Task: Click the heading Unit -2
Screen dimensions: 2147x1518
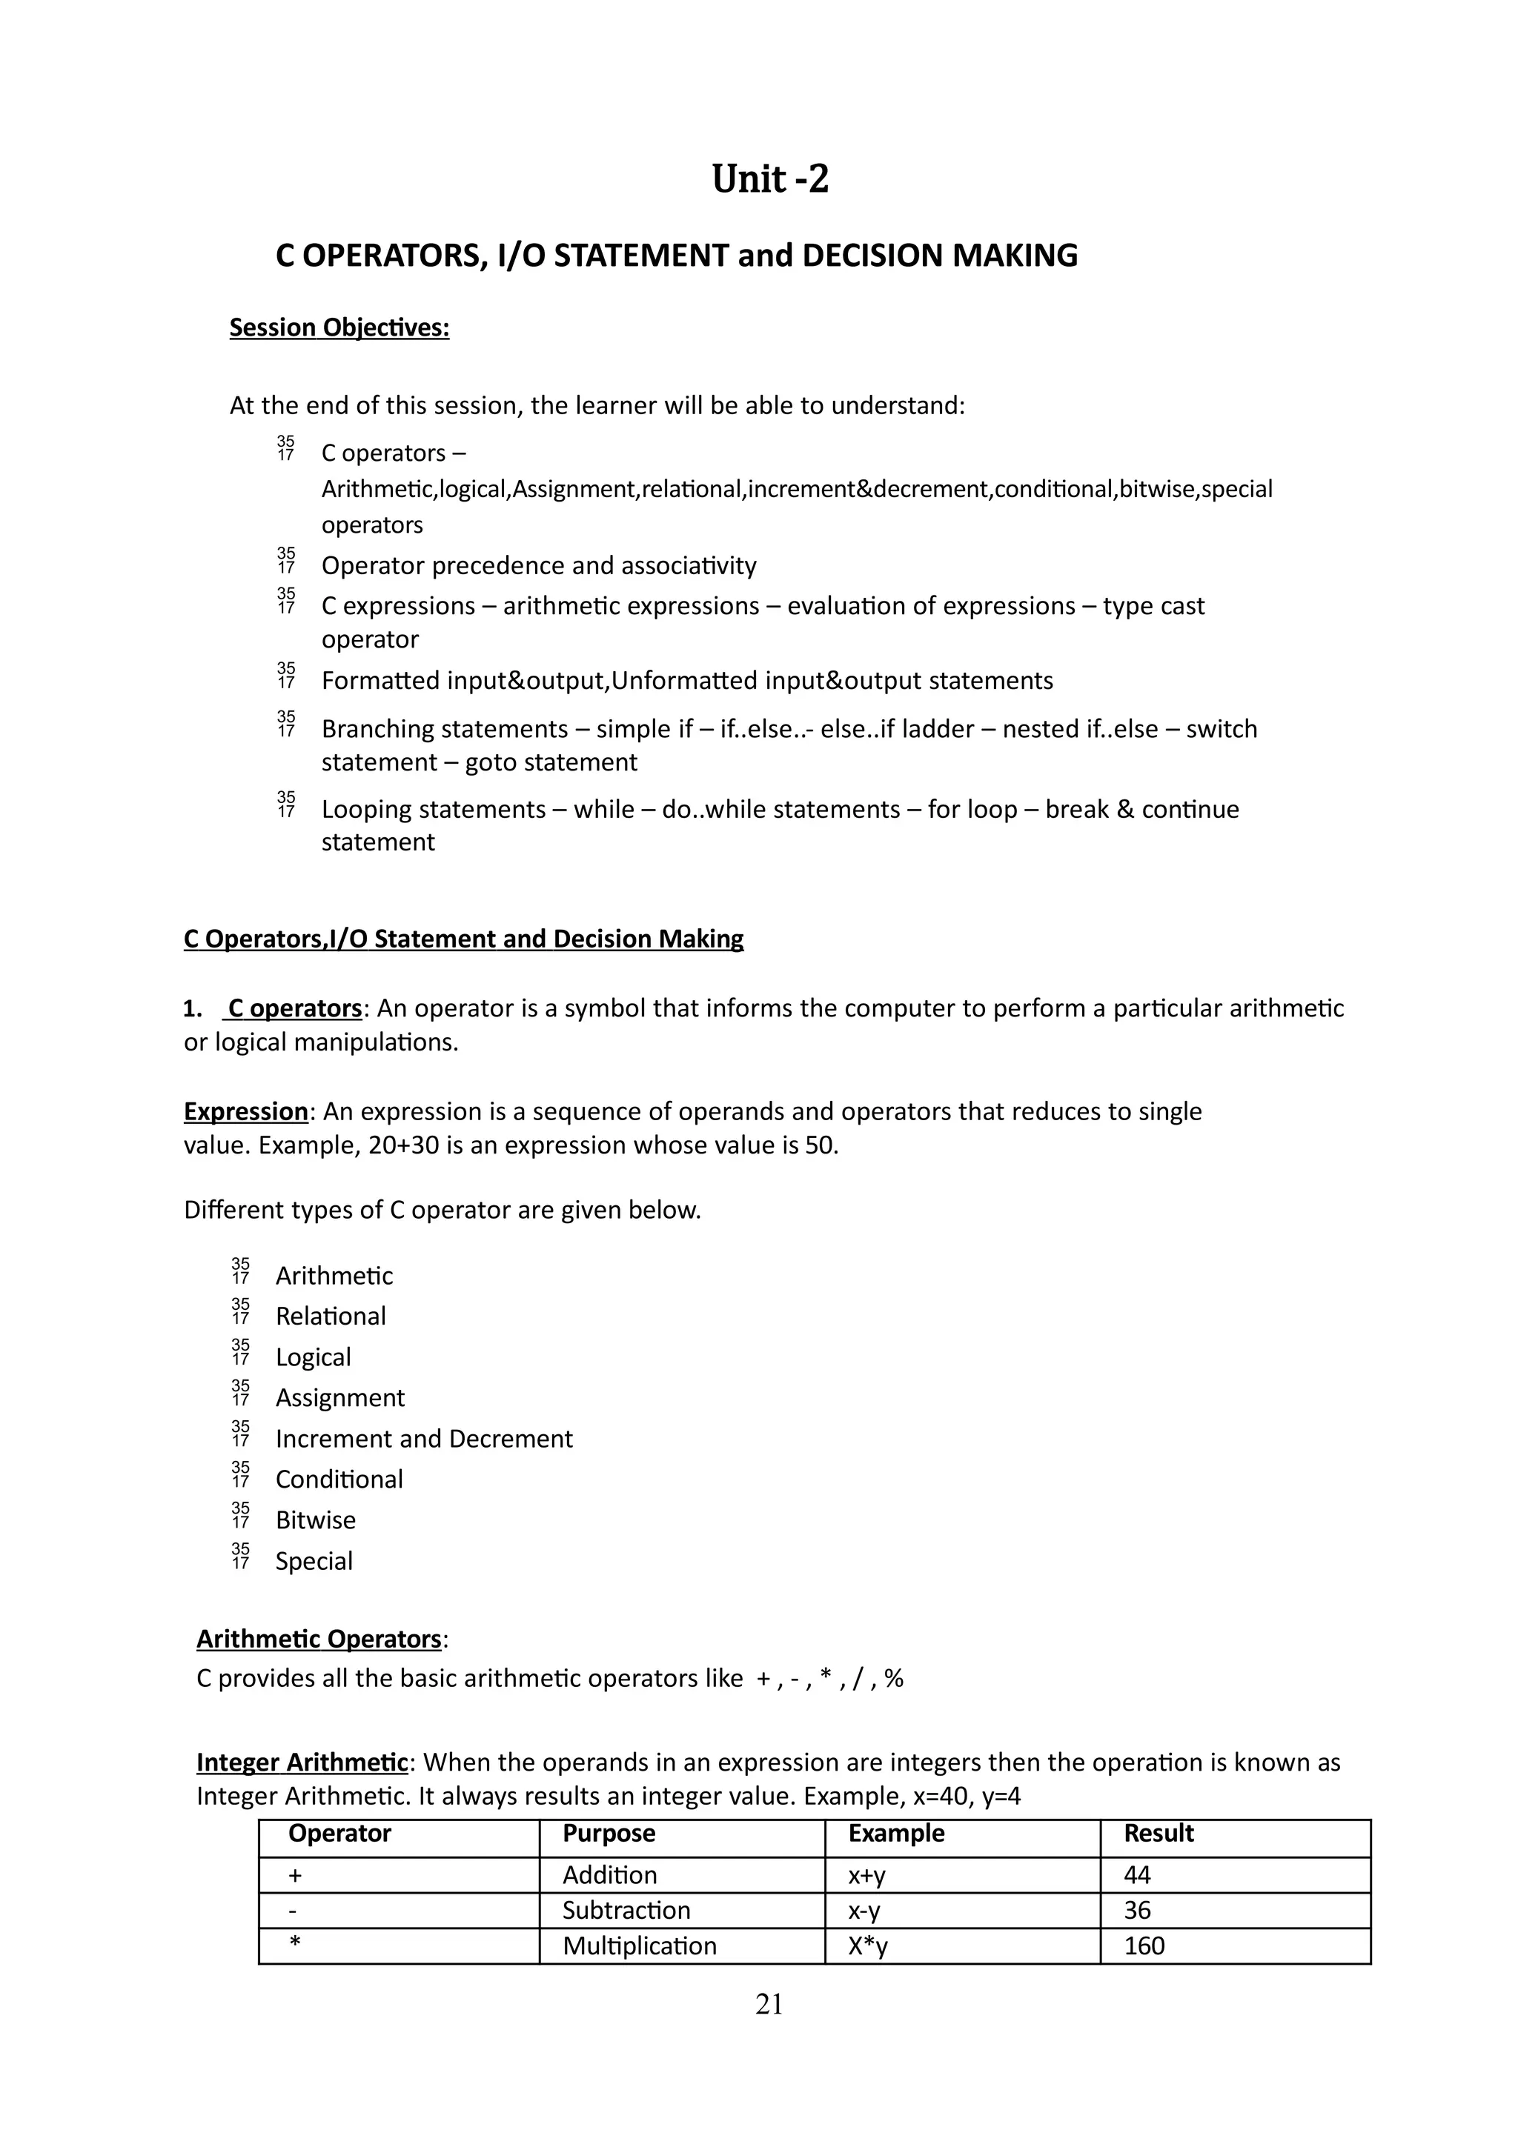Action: coord(770,179)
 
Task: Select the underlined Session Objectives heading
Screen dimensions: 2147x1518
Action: coord(339,328)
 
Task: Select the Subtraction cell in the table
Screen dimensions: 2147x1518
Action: coord(626,1911)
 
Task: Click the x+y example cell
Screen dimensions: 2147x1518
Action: coord(867,1875)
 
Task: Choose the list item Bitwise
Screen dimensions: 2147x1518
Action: coord(315,1520)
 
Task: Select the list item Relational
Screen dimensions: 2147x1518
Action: coord(330,1317)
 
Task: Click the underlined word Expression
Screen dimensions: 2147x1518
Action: coord(245,1112)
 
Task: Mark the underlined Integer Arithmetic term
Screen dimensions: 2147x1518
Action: coord(302,1762)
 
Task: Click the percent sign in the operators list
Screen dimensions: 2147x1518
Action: coord(893,1679)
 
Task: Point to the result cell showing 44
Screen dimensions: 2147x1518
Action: coord(1137,1875)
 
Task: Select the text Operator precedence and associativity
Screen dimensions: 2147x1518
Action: coord(539,566)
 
